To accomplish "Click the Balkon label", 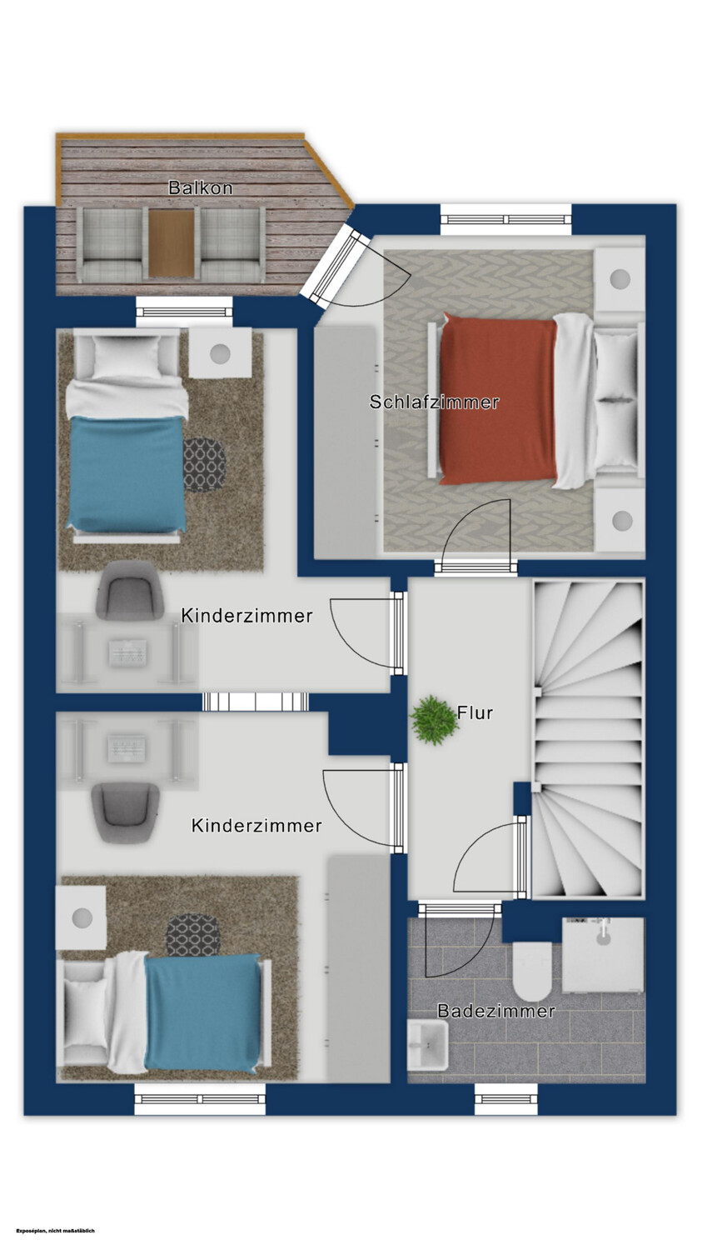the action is (200, 187).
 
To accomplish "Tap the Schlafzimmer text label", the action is (434, 402).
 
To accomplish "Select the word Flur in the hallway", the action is (475, 712).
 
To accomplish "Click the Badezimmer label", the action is (496, 1011).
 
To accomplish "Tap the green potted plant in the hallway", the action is (433, 720).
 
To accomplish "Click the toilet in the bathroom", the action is (532, 971).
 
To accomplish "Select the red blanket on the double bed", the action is (498, 400).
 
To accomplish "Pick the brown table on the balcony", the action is (172, 243).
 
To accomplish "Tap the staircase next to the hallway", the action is (589, 739).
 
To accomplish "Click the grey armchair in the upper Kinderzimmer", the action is (129, 590).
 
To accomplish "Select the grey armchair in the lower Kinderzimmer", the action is (126, 812).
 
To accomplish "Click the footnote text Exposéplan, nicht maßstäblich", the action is (56, 1231).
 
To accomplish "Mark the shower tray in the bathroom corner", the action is (603, 955).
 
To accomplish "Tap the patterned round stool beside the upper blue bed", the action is (204, 465).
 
